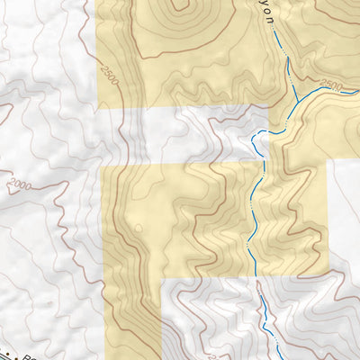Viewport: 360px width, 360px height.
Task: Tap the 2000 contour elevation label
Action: [x=18, y=186]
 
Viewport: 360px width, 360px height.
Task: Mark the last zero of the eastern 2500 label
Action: [x=341, y=88]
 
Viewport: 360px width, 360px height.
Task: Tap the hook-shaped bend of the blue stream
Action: [x=256, y=137]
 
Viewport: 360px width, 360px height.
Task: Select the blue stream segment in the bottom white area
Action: [x=267, y=315]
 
